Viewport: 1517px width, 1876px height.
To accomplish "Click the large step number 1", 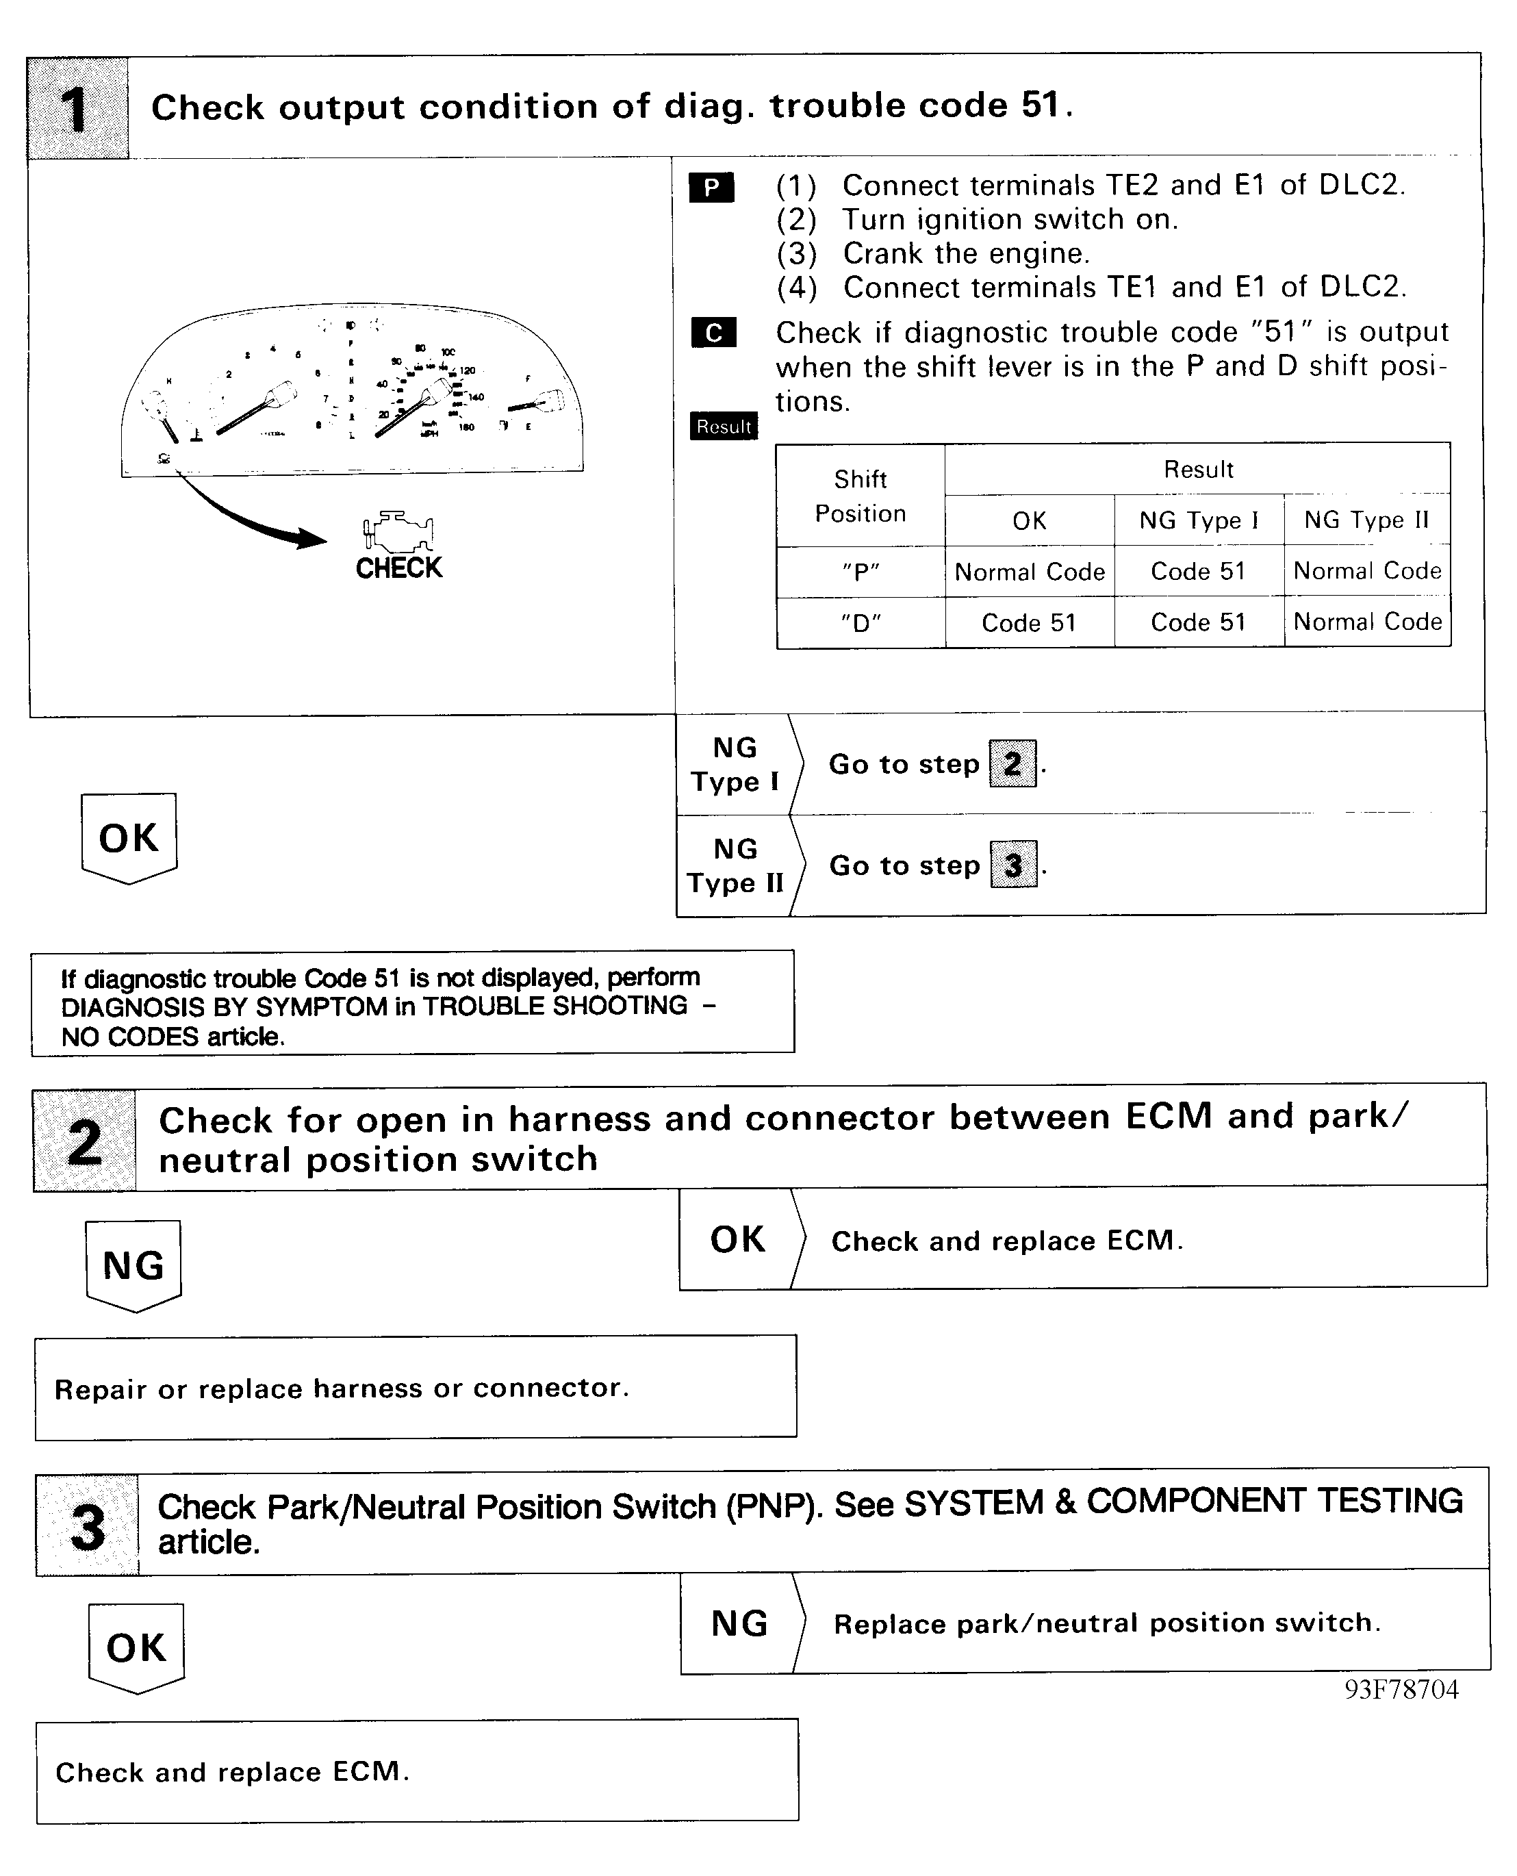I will (x=77, y=110).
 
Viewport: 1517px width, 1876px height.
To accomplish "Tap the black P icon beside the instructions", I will (x=711, y=188).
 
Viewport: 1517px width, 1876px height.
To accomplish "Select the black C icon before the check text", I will (x=713, y=333).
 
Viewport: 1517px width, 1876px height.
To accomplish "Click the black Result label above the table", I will (x=724, y=427).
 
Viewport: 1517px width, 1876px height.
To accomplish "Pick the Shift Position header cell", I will (x=860, y=496).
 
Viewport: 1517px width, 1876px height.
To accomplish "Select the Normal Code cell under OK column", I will (x=1030, y=572).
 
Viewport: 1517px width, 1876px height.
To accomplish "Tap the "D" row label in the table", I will (x=860, y=623).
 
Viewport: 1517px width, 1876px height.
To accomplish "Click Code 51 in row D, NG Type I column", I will (x=1198, y=623).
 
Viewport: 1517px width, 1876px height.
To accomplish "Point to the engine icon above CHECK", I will (x=398, y=531).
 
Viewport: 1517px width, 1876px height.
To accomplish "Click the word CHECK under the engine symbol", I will (x=398, y=569).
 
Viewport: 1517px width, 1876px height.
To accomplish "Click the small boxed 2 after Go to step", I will (x=1012, y=763).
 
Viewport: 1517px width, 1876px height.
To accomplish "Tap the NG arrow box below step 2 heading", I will (x=133, y=1265).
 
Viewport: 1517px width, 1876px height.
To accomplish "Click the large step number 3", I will (x=88, y=1528).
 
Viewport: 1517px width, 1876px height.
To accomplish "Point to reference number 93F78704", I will (x=1401, y=1690).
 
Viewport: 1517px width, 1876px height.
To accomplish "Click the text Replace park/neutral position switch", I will (x=1106, y=1623).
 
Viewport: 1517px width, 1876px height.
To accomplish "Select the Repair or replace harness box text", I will (x=341, y=1389).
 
